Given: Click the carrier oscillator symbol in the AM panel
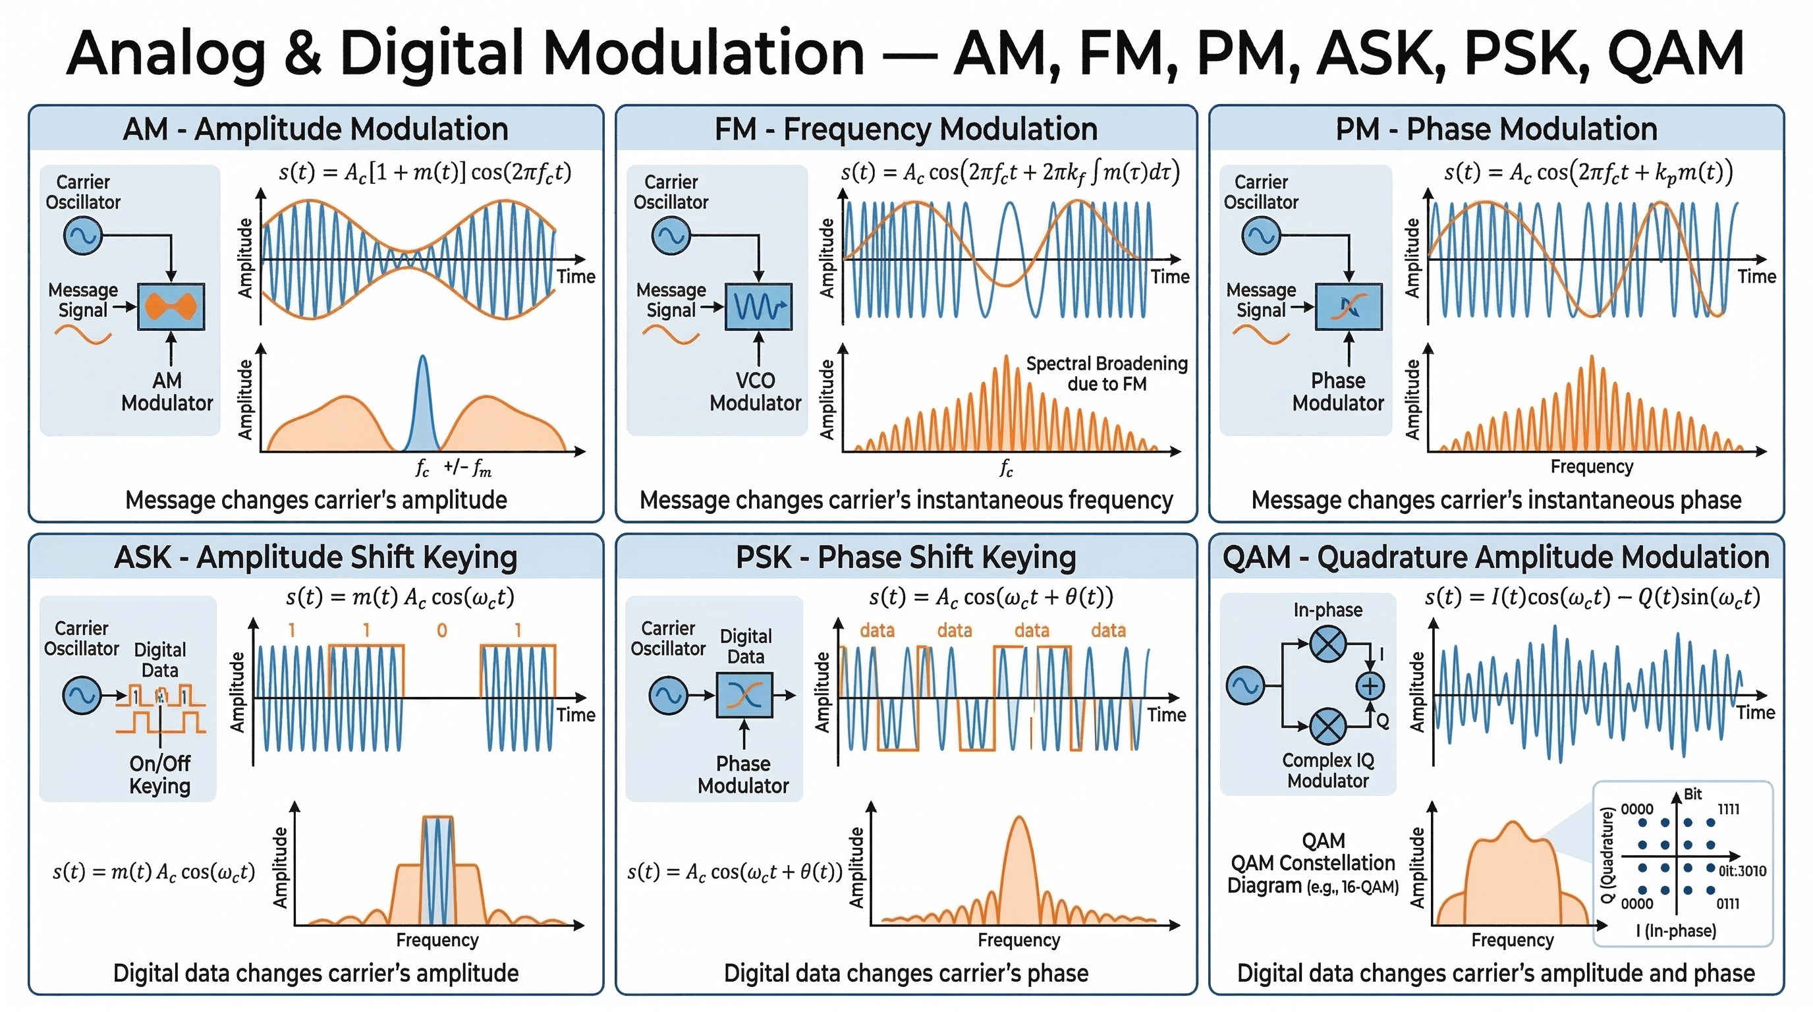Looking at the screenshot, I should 82,236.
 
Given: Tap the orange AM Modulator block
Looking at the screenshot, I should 171,307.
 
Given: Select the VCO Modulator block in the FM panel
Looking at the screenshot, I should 759,307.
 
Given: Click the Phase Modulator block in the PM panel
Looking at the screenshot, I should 1349,307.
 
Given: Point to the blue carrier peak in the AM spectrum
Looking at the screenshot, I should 422,401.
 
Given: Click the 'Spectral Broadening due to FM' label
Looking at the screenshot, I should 1106,374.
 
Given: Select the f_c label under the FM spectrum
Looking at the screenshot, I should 1007,468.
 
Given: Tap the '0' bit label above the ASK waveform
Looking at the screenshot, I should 442,631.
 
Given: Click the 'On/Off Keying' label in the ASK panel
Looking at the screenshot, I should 160,774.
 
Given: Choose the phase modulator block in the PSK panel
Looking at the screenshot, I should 744,695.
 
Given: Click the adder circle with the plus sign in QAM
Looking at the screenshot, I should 1370,685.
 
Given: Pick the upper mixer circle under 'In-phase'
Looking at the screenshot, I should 1328,644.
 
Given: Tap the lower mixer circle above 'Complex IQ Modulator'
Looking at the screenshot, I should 1328,725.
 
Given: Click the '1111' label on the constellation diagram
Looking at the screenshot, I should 1729,809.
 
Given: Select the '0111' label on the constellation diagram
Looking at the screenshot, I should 1728,904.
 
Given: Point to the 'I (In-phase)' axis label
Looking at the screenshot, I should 1676,931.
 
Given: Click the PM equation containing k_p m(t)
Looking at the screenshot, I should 1588,173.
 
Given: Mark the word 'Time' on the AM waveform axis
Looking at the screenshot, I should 576,277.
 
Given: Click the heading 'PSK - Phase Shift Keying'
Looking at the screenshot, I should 906,557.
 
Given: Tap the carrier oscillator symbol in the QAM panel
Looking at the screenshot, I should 1245,685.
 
